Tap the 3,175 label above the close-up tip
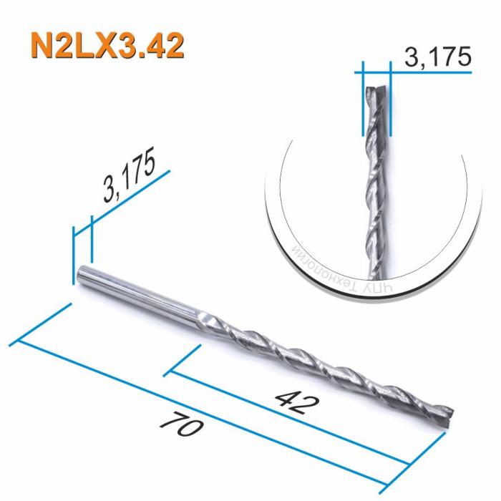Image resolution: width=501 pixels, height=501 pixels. pyautogui.click(x=437, y=57)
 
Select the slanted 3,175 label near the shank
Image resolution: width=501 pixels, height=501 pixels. pyautogui.click(x=130, y=178)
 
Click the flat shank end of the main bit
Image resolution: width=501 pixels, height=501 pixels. pyautogui.click(x=80, y=273)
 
